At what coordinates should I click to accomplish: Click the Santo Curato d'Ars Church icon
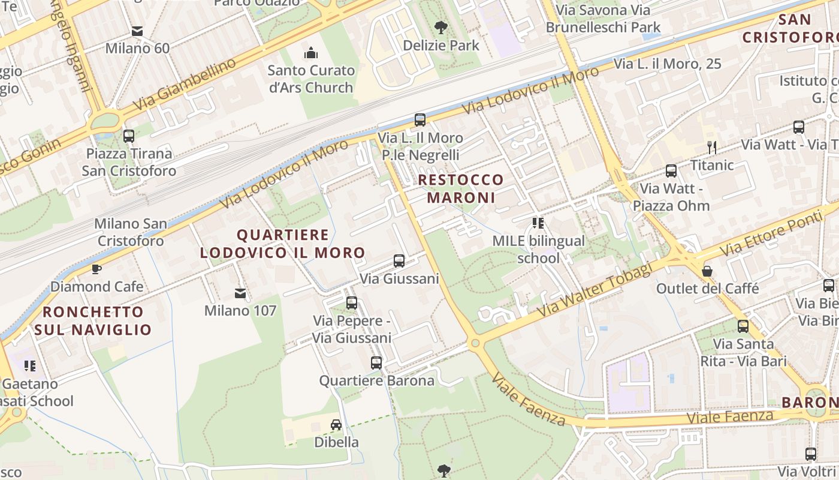click(x=310, y=53)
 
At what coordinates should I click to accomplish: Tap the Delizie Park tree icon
click(x=441, y=27)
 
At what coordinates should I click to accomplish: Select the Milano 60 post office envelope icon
click(x=137, y=31)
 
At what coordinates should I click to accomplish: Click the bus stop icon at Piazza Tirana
click(x=129, y=136)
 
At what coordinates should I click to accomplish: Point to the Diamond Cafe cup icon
click(x=96, y=269)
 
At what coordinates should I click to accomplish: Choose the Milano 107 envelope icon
click(x=240, y=293)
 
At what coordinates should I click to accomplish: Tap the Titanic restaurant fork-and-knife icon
click(x=712, y=147)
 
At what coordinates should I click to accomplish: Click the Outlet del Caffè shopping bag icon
click(x=707, y=271)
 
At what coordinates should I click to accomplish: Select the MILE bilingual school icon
click(x=538, y=223)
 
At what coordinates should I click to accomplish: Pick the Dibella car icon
click(x=336, y=425)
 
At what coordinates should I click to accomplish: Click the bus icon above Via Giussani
click(x=399, y=261)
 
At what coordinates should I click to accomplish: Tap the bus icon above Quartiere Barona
click(x=376, y=363)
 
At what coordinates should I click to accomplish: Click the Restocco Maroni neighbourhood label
click(x=461, y=188)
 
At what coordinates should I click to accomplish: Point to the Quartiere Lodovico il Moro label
click(x=283, y=244)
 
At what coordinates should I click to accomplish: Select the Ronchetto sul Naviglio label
click(x=93, y=320)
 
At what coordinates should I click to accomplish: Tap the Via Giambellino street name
click(x=184, y=84)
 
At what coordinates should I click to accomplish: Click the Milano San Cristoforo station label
click(x=130, y=232)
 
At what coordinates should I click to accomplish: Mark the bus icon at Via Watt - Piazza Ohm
click(x=671, y=171)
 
